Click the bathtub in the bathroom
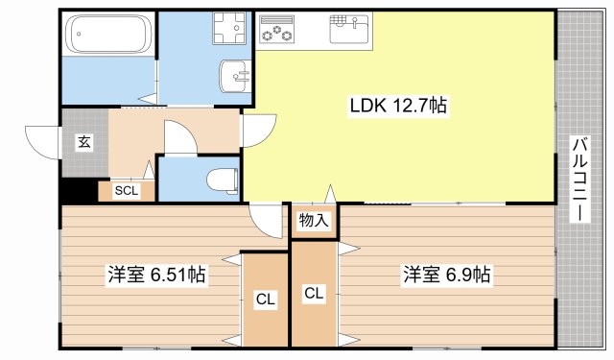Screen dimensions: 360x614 [x=107, y=36]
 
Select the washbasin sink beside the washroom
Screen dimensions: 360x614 [x=235, y=74]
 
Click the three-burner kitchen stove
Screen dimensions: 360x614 [x=277, y=30]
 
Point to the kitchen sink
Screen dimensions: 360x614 [x=349, y=29]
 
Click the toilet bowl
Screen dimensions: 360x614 [x=222, y=180]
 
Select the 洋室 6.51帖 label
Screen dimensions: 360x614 [x=155, y=276]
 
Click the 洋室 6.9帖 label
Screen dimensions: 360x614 [x=446, y=276]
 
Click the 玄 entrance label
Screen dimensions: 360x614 [x=84, y=142]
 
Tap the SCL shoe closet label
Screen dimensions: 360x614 [x=126, y=190]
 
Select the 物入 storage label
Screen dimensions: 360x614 [x=314, y=221]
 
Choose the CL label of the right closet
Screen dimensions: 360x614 [x=314, y=293]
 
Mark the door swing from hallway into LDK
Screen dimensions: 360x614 [x=254, y=131]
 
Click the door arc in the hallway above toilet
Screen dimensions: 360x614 [x=179, y=137]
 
